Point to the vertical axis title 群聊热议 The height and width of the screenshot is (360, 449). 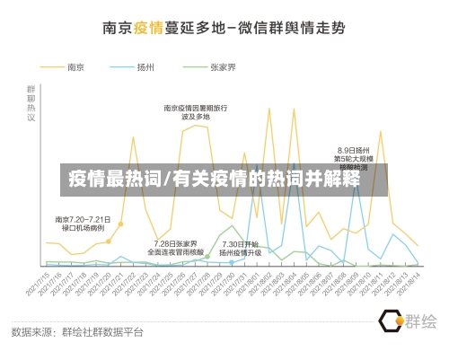tap(32, 103)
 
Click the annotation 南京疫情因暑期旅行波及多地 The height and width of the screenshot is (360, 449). tap(195, 112)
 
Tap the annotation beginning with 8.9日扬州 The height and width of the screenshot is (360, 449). tap(353, 158)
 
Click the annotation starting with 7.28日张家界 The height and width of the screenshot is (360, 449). tap(176, 247)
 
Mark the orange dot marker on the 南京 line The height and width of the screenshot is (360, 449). tap(109, 241)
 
